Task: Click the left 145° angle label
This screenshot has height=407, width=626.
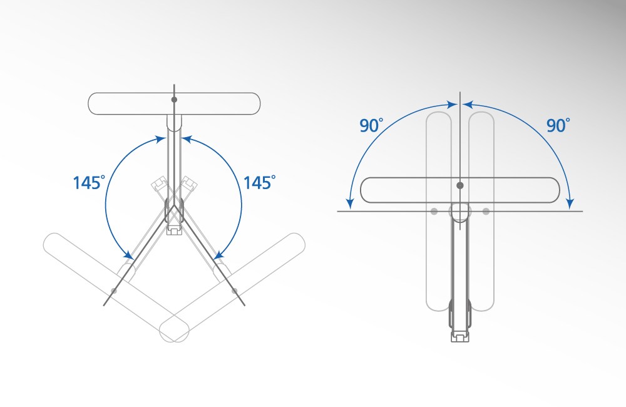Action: tap(90, 183)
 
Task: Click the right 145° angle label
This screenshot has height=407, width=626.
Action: tap(260, 183)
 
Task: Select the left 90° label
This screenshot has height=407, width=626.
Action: tap(371, 125)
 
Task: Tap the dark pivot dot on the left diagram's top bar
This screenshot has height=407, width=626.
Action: tap(174, 100)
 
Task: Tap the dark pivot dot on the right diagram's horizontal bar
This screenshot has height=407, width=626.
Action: tap(460, 185)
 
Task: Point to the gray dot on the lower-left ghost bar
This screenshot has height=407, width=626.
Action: tap(114, 291)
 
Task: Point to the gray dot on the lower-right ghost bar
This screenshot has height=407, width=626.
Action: tap(234, 291)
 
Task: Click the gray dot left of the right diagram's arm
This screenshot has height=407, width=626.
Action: tap(434, 211)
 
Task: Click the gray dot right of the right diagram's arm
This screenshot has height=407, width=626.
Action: tap(486, 211)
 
